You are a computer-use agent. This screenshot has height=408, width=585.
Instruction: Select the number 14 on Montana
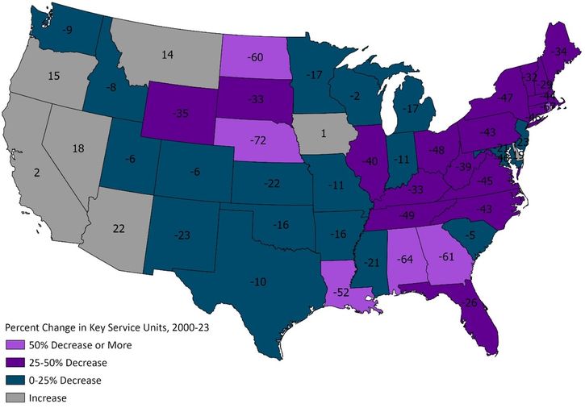(x=167, y=55)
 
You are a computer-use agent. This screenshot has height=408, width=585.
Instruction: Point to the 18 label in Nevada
(x=78, y=148)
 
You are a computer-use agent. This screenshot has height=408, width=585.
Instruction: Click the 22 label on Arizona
(x=119, y=229)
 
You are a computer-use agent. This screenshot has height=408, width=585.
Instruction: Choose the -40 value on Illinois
(x=370, y=161)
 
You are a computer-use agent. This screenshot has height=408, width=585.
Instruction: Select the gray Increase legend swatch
(x=15, y=398)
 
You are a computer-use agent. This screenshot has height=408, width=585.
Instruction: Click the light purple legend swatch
(x=15, y=344)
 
